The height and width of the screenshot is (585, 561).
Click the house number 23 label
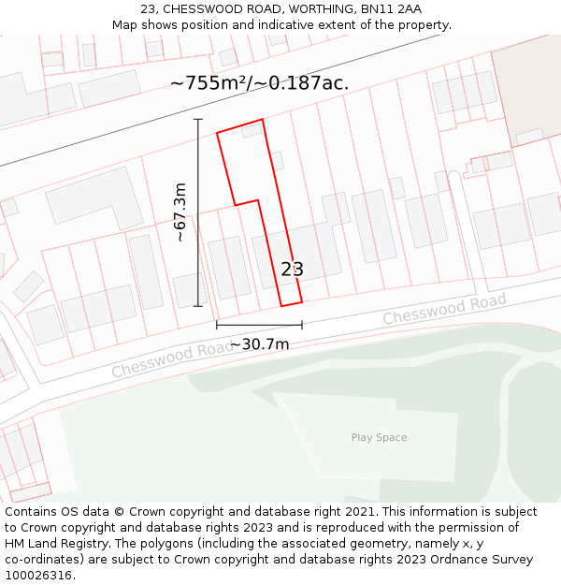pos(292,270)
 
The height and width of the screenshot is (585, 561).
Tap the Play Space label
pos(379,437)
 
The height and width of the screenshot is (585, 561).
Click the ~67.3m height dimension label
pos(180,212)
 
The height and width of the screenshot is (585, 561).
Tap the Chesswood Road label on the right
pos(444,309)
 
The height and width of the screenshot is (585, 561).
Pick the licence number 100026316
pos(40,576)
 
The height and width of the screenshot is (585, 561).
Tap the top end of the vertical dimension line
pos(198,120)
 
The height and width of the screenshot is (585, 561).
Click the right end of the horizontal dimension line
pos(301,325)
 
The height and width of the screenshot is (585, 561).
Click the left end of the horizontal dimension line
pos(217,325)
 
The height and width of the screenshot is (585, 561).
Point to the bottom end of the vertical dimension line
pos(198,305)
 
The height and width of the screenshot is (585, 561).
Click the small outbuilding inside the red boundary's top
pos(252,131)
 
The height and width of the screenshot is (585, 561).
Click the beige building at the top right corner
pos(526,89)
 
